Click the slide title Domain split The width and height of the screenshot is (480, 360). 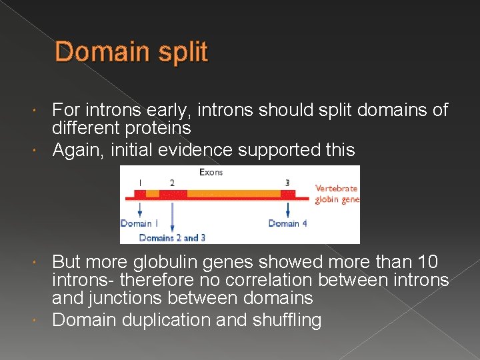pyautogui.click(x=131, y=52)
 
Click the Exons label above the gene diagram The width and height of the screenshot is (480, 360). pyautogui.click(x=211, y=172)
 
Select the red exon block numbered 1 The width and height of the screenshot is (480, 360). pyautogui.click(x=140, y=194)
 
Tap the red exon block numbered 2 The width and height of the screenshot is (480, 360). pyautogui.click(x=173, y=194)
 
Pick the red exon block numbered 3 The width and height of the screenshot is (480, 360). pyautogui.click(x=288, y=194)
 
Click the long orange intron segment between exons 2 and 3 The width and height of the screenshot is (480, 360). pyautogui.click(x=233, y=194)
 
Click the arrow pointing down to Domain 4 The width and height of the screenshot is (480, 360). pyautogui.click(x=288, y=209)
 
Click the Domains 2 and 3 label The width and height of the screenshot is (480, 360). pyautogui.click(x=172, y=237)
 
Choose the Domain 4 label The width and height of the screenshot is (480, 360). pyautogui.click(x=288, y=223)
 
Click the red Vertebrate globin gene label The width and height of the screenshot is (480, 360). pyautogui.click(x=337, y=193)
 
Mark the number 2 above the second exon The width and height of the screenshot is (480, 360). pyautogui.click(x=172, y=182)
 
